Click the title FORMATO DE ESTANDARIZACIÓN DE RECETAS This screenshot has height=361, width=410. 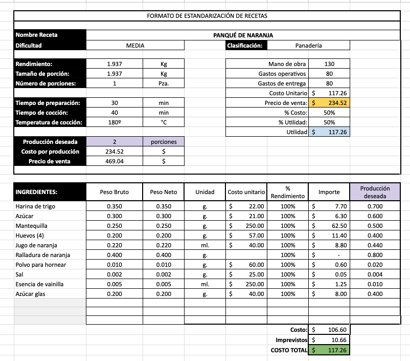point(207,16)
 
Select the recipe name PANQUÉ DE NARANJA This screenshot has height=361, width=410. point(243,35)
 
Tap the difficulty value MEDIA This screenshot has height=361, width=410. point(135,46)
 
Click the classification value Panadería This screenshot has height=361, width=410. point(309,46)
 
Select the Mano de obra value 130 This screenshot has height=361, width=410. point(329,64)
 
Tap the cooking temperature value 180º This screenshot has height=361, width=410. point(115,122)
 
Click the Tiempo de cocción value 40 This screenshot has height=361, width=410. point(115,113)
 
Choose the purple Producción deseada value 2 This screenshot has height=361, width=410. point(115,142)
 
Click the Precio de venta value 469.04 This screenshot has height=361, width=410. point(115,161)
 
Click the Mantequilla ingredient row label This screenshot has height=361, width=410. point(32,226)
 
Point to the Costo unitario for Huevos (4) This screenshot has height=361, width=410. point(247,236)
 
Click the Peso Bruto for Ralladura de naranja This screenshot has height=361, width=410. point(115,255)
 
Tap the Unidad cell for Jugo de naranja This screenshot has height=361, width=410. point(204,245)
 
